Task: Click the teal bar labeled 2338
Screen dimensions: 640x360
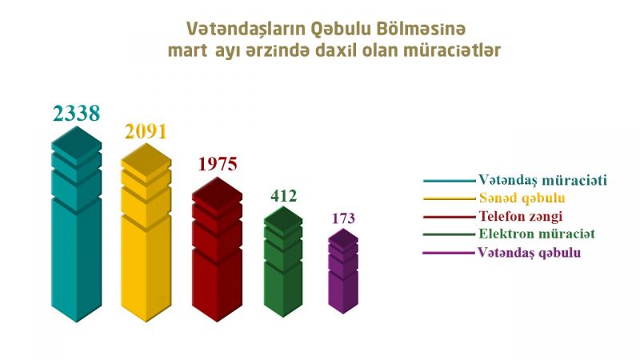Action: click(x=76, y=225)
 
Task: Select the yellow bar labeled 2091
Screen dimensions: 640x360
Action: click(x=146, y=233)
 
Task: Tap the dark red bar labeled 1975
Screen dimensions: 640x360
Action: click(x=217, y=250)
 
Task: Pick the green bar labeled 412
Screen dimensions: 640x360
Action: click(x=283, y=262)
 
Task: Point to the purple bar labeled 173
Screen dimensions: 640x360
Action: click(x=343, y=271)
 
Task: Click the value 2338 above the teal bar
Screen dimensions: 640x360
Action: click(x=76, y=114)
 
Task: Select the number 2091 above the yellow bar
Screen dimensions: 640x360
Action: click(x=146, y=131)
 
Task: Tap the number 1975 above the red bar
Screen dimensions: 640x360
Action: click(x=218, y=164)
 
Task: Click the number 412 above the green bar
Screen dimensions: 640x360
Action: click(x=284, y=196)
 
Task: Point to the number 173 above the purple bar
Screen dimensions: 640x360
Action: click(x=343, y=218)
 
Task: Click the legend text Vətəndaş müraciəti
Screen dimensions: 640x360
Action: click(x=543, y=180)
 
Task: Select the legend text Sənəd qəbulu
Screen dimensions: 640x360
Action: click(x=522, y=198)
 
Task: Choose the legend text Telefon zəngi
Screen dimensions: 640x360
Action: click(x=521, y=216)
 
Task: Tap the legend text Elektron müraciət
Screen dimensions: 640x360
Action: click(x=537, y=234)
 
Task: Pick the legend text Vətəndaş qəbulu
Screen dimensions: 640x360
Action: click(x=530, y=253)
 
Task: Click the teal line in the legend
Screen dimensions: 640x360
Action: click(x=450, y=181)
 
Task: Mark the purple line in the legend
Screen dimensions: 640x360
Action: click(x=449, y=253)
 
